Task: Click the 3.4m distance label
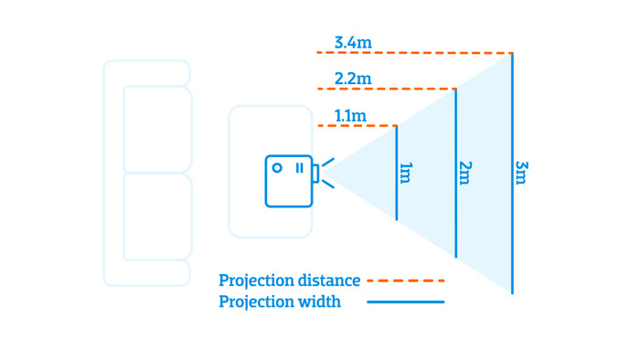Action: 353,42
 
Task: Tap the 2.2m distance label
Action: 353,79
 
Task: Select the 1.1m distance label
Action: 350,115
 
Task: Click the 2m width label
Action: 465,173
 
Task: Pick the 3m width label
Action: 521,173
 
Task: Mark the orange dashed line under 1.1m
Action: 357,125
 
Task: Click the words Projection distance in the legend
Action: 290,281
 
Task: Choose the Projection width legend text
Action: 280,302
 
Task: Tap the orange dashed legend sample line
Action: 405,281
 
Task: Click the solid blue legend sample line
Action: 405,302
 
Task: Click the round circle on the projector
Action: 277,168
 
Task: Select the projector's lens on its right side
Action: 315,173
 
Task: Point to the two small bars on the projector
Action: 299,168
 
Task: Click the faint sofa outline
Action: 146,174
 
